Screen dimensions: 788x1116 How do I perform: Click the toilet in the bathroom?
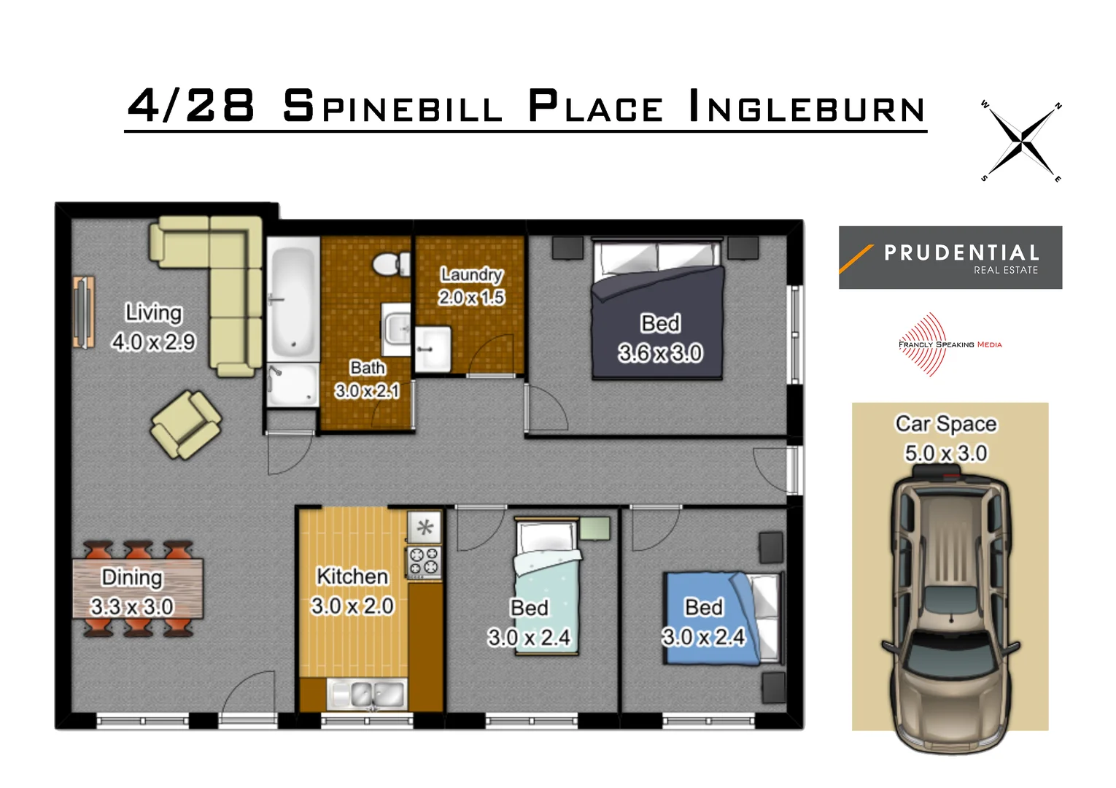coord(391,263)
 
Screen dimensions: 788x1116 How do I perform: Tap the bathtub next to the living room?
coord(292,299)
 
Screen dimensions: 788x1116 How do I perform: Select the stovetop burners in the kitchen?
coord(424,561)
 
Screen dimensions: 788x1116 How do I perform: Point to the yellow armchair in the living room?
coord(185,425)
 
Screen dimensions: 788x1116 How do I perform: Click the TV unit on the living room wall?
coord(83,312)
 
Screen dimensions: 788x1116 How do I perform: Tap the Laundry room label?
coord(471,274)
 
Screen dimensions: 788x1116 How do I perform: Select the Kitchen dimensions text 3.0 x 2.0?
coord(352,606)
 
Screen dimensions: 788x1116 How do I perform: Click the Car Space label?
coord(945,424)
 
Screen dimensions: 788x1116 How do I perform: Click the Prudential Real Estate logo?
coord(950,258)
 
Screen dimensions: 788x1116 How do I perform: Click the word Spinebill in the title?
coord(392,107)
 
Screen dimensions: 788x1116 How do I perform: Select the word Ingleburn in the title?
coord(807,107)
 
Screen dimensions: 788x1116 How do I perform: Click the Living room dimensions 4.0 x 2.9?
coord(153,341)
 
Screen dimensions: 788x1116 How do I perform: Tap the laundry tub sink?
coord(433,349)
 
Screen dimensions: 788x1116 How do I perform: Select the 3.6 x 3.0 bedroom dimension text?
coord(660,353)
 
